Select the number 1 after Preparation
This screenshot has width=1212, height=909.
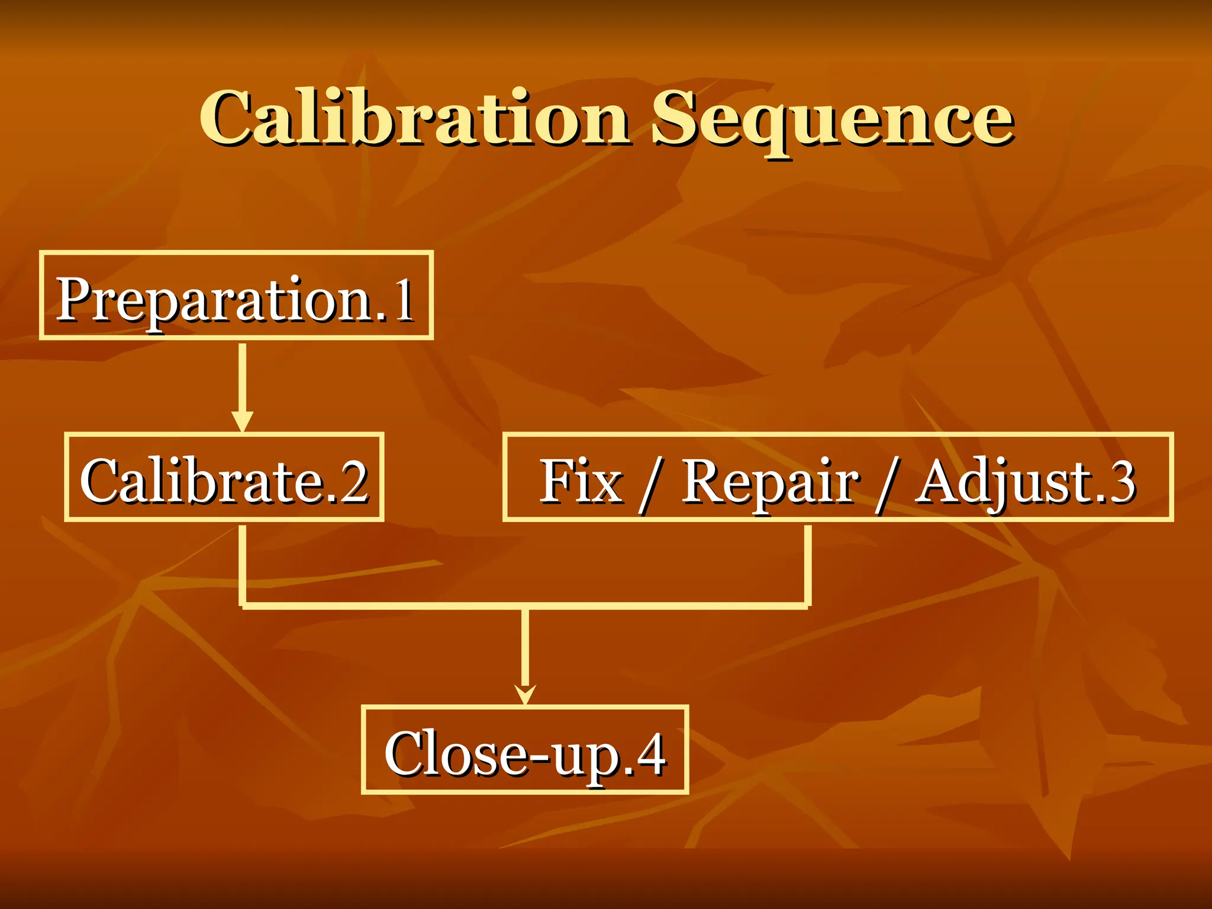404,301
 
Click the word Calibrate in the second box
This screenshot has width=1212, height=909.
201,481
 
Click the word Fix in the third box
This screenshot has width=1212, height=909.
581,481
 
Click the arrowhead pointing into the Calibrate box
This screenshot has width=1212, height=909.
242,421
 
